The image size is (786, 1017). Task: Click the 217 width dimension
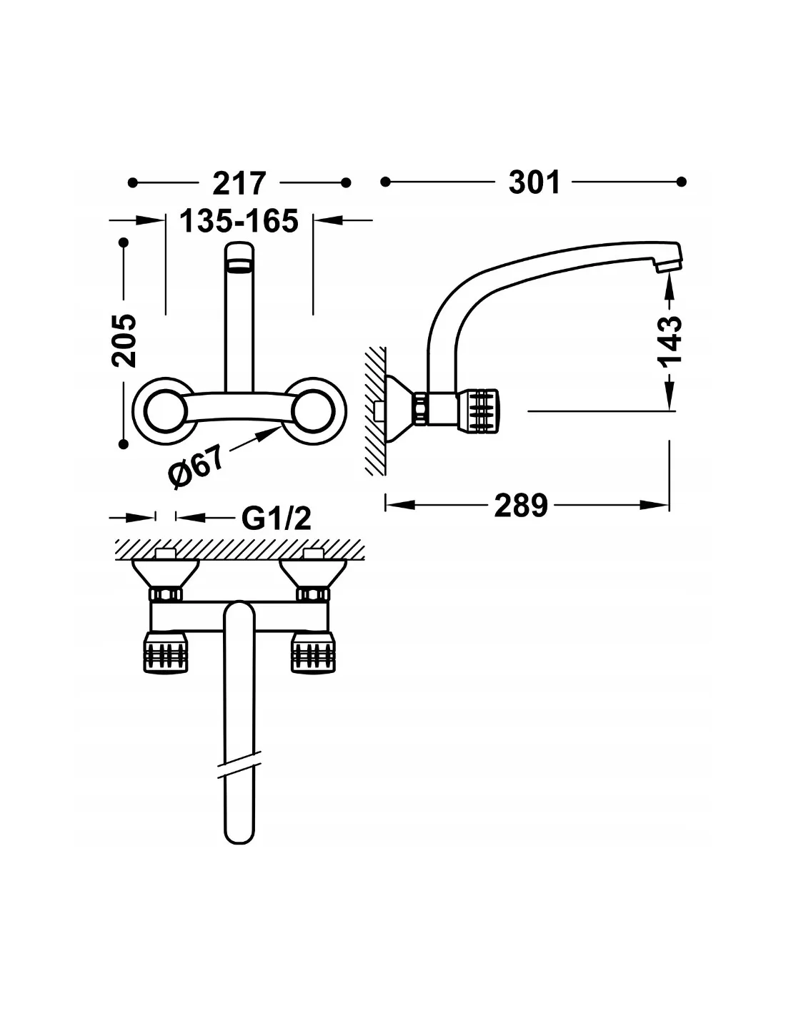(239, 183)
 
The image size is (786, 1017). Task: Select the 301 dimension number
(534, 182)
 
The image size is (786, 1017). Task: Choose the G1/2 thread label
(276, 518)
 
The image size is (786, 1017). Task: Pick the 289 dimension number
(520, 505)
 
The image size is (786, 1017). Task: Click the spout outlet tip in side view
(669, 266)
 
